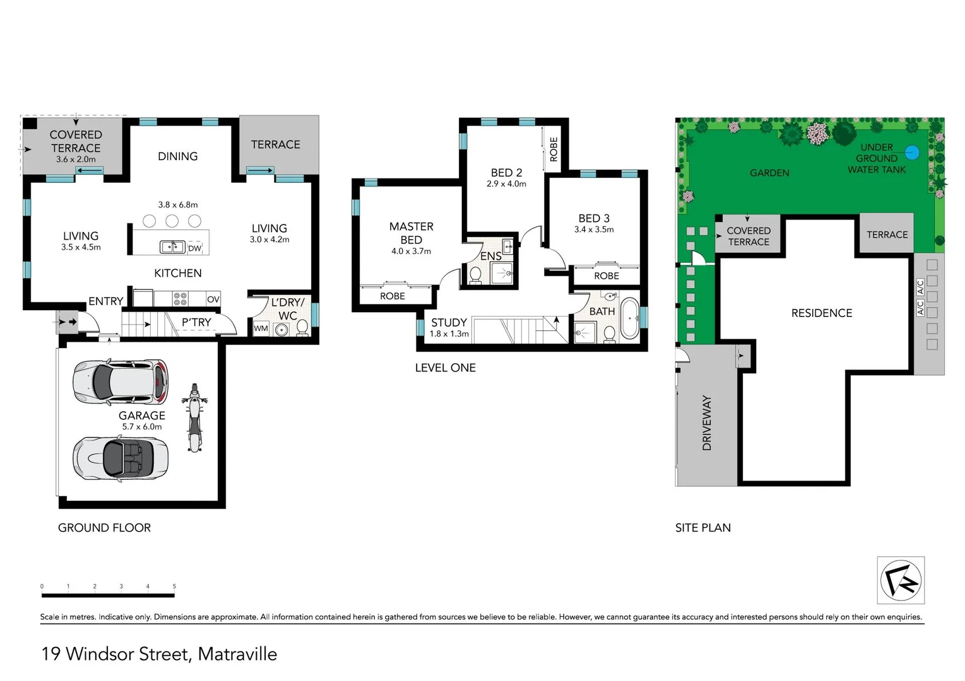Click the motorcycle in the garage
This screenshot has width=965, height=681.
tap(194, 417)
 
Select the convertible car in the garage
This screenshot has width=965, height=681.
tap(121, 458)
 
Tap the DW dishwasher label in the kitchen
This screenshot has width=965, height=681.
tap(194, 248)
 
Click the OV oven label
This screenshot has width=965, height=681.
tap(213, 299)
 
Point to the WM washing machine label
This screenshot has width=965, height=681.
tap(261, 329)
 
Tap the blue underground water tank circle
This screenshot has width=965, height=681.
tap(911, 152)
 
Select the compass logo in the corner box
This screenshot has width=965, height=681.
tap(901, 580)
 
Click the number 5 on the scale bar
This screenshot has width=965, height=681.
tap(174, 586)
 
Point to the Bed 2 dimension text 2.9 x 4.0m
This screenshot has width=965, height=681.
tap(506, 184)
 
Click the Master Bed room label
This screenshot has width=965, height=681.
tap(411, 233)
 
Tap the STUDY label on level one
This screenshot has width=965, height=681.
tap(449, 322)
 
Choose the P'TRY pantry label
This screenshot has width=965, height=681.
tap(196, 322)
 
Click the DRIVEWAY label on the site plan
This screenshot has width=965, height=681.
tap(706, 422)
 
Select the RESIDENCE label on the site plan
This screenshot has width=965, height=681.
tap(821, 313)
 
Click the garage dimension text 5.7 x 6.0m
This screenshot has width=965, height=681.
tap(142, 427)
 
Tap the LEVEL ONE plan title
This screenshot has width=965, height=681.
tap(445, 368)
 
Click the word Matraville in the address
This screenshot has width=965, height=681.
tap(237, 654)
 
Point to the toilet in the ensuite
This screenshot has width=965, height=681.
tap(475, 275)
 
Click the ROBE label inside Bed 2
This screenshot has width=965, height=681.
tap(554, 149)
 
